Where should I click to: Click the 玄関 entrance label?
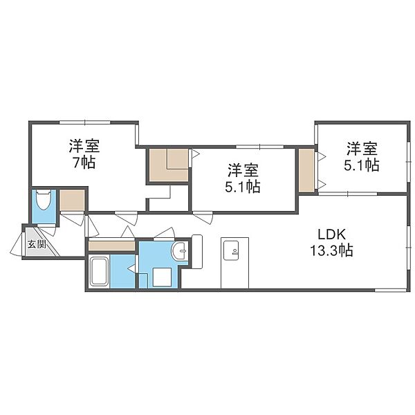point(37,244)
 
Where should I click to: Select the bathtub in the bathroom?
point(99,272)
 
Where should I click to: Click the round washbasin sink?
point(180,250)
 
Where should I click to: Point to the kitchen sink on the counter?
point(231,250)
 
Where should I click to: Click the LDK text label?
point(331,234)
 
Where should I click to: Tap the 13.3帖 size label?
point(331,250)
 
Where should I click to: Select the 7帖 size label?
point(84,163)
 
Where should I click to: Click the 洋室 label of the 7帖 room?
point(84,146)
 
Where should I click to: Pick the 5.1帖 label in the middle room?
point(243,187)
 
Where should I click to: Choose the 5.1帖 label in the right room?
point(362,165)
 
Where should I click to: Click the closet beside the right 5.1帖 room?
point(306,170)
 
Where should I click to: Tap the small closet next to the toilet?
point(72,200)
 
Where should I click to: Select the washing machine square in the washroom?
point(162,277)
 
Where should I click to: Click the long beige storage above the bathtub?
point(111,246)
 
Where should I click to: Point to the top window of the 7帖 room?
point(84,122)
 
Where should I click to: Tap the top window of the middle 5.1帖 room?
point(260,147)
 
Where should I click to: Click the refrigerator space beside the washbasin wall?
point(196,252)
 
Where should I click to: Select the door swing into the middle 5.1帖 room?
point(203,218)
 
